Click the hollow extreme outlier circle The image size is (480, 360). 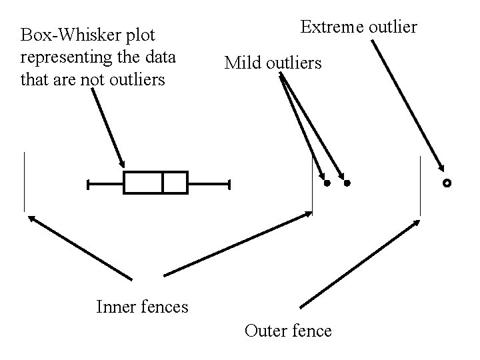click(x=447, y=182)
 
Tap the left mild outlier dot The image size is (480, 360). click(x=327, y=183)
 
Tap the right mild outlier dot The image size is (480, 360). click(x=347, y=183)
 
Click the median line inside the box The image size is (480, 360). click(x=163, y=183)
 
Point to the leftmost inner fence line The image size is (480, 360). click(x=24, y=181)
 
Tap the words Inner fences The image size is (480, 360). click(x=142, y=307)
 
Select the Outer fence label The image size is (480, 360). click(x=288, y=330)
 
